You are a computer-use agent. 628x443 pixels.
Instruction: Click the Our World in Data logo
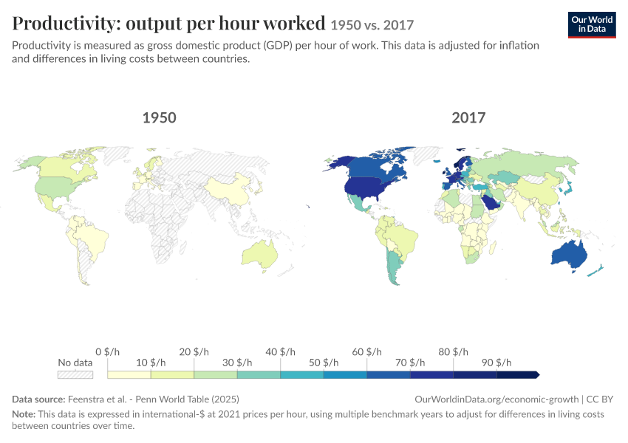tap(592, 25)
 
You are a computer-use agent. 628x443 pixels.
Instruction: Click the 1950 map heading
tap(160, 117)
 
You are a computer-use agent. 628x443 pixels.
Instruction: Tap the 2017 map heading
tap(468, 117)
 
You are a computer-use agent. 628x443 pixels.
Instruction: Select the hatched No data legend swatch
tap(75, 375)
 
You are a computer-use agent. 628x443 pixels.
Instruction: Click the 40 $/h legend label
tap(280, 351)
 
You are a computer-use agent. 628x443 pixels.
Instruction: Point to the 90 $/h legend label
tap(496, 363)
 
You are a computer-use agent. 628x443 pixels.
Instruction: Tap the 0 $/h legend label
tap(107, 351)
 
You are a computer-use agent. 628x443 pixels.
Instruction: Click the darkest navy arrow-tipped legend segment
tap(518, 375)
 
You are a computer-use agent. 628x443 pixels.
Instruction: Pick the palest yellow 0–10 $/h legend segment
tap(129, 375)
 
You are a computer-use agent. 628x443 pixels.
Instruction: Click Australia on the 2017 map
tap(569, 255)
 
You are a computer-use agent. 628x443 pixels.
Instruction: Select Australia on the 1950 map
tap(259, 255)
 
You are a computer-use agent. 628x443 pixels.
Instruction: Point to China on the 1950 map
tap(228, 188)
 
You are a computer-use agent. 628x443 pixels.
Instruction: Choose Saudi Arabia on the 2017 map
tap(491, 202)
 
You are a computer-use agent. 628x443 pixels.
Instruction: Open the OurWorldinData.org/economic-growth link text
tap(496, 399)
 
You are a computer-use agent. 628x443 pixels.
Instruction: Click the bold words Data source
tap(38, 399)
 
